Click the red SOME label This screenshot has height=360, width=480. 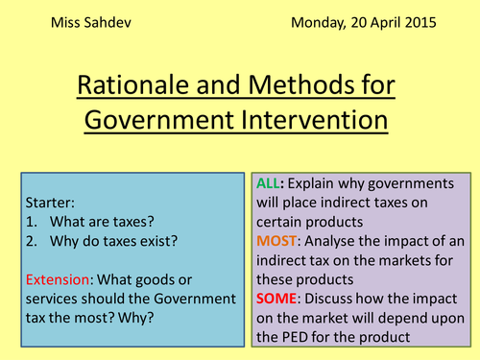[x=277, y=299]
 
